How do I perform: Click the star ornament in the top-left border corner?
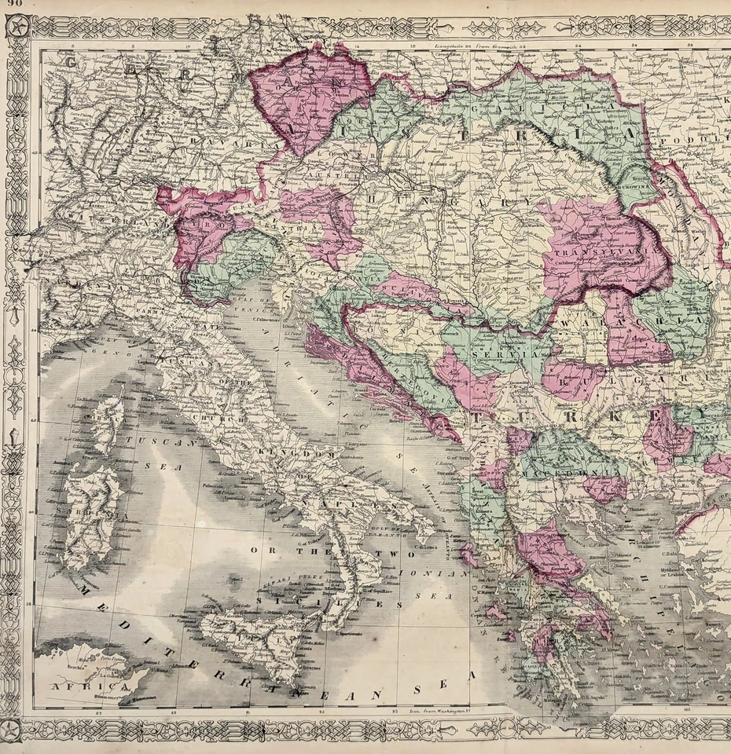[x=17, y=28]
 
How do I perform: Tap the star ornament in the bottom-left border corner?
[x=17, y=726]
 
